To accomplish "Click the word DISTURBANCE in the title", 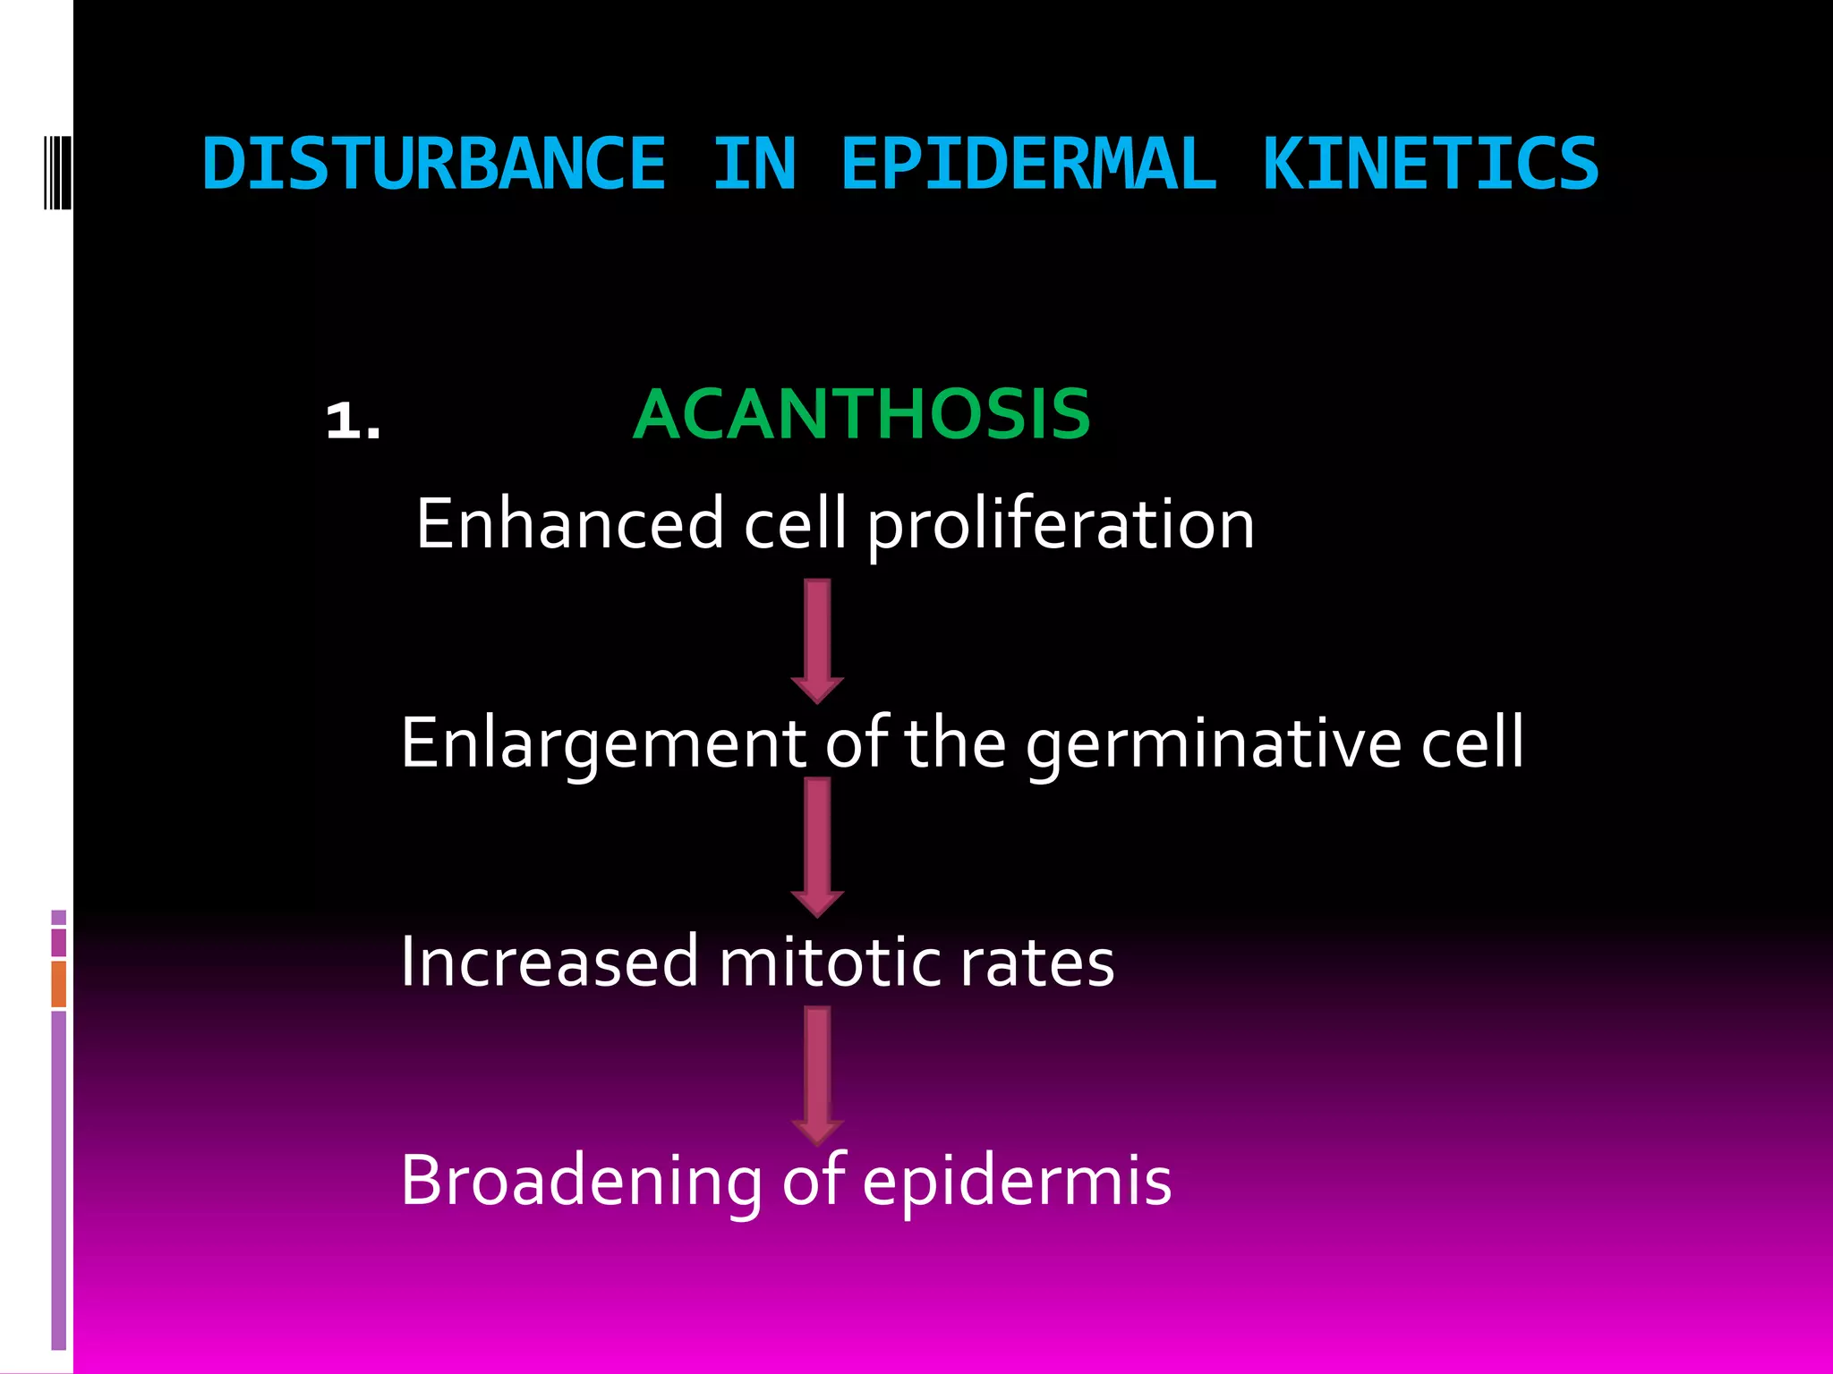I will (x=434, y=164).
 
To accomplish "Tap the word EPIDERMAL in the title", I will (x=1028, y=164).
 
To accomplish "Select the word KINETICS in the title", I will (x=1429, y=164).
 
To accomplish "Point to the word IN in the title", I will (x=754, y=164).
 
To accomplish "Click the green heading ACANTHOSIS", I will (x=861, y=414).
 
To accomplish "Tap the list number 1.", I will (x=353, y=420).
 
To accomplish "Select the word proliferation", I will (x=1061, y=526).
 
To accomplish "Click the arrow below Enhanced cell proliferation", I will (x=817, y=640).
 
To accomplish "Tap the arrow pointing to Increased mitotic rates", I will (x=817, y=845).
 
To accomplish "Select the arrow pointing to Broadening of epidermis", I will (x=817, y=1074).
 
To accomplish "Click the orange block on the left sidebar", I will (x=58, y=983).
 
